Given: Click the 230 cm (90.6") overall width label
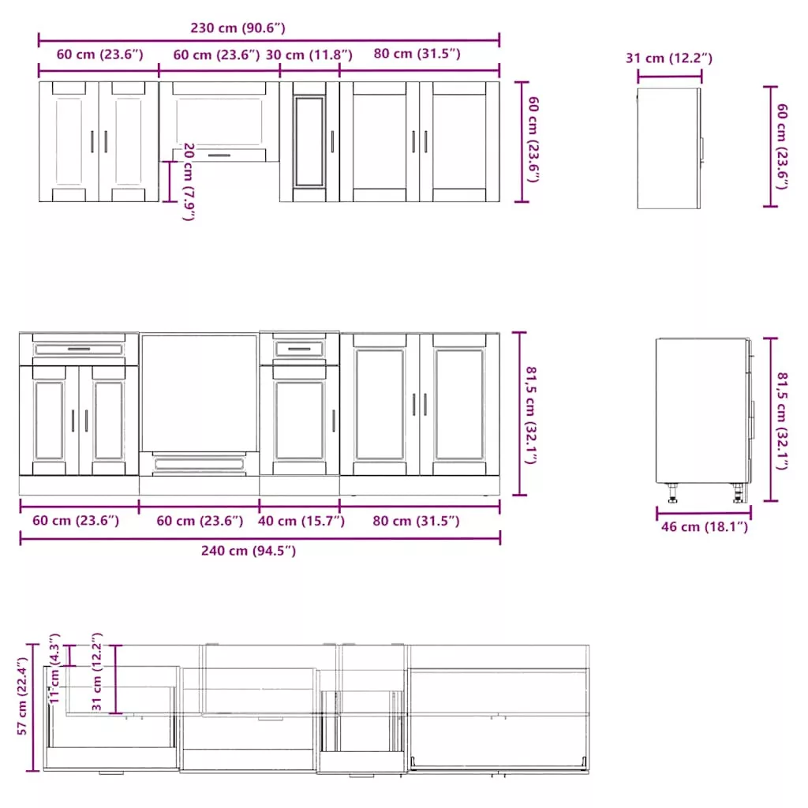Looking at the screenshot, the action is [238, 28].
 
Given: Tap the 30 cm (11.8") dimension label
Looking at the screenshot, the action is [309, 55].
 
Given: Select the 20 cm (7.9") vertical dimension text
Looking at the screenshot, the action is [189, 182].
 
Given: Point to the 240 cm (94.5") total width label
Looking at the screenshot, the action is [249, 551].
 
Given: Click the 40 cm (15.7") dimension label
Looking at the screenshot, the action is [301, 521].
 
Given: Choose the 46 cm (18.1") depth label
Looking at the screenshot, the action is [705, 526].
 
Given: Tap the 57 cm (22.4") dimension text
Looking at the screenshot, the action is [21, 696].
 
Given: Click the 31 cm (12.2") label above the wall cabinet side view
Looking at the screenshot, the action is [669, 58].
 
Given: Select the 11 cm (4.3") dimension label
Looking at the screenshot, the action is [54, 668].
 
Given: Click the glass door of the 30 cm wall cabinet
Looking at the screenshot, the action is [309, 141].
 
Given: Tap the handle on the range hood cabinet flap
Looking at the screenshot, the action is [219, 155].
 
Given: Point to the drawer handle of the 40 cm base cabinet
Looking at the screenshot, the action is [299, 349].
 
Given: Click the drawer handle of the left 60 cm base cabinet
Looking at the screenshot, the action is [79, 349].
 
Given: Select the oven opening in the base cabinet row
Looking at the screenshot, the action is [199, 393].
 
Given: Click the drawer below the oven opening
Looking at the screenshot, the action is [199, 464].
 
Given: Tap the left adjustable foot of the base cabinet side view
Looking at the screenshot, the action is [673, 493].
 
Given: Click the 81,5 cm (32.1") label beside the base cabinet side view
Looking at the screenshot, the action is [782, 421].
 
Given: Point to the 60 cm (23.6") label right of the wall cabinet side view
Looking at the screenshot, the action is [782, 146].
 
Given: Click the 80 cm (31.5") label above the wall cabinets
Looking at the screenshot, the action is [417, 54].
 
